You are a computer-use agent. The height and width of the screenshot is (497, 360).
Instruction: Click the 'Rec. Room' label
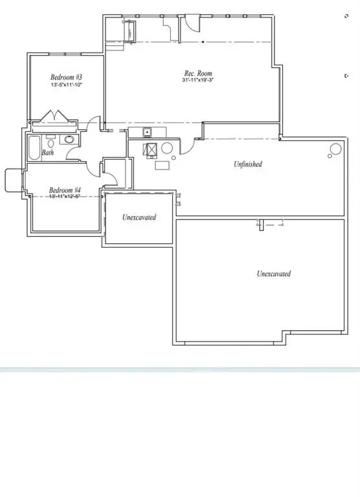coord(197,74)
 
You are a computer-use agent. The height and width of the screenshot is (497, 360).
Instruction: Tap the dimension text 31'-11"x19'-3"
coord(197,82)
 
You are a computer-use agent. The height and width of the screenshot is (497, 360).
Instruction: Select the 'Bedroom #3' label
coord(66,77)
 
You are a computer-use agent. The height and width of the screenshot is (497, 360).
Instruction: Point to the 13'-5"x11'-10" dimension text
coord(66,85)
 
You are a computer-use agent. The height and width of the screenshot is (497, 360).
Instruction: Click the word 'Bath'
coord(48,153)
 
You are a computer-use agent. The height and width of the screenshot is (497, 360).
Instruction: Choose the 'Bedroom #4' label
coord(65,190)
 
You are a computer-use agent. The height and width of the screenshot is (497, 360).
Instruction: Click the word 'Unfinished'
coord(248,164)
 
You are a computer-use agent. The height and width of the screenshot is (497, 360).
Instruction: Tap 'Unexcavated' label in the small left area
coord(139,217)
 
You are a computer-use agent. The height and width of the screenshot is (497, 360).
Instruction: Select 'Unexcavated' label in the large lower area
coord(273,274)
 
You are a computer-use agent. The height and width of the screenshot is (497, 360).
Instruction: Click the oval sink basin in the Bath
coord(68,139)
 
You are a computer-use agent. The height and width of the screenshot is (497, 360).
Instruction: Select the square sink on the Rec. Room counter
coord(147,133)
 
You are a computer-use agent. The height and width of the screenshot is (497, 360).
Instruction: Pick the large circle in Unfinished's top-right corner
coord(335,150)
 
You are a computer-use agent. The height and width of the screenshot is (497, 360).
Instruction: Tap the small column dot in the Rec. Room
coord(203,42)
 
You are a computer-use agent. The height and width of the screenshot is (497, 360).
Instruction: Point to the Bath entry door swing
coord(73,153)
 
